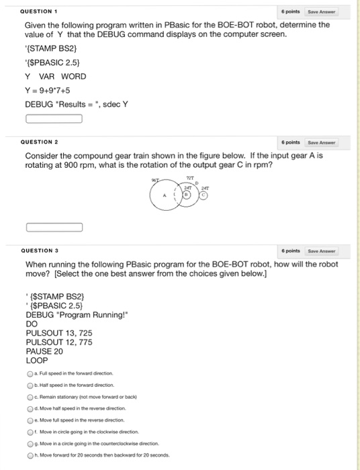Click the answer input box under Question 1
(54, 120)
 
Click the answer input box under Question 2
(54, 227)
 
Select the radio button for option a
(30, 373)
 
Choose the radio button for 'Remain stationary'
(30, 397)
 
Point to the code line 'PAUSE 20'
(44, 350)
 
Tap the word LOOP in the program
(37, 360)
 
